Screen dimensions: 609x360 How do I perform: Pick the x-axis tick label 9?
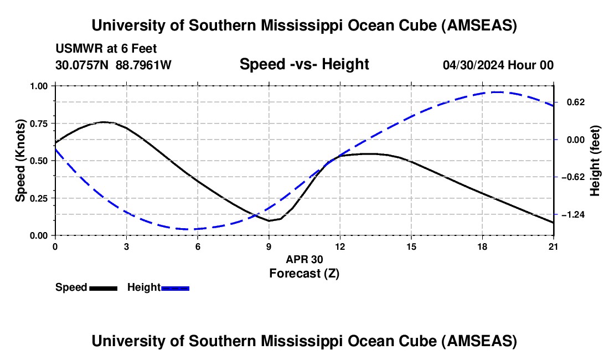point(269,246)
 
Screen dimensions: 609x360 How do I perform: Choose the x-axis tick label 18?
point(482,246)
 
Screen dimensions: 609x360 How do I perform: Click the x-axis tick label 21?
point(554,246)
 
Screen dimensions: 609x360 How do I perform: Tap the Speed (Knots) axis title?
point(20,161)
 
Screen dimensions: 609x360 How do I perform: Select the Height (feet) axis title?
point(595,161)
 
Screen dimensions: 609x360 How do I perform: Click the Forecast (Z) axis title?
point(304,274)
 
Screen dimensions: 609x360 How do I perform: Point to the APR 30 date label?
point(304,259)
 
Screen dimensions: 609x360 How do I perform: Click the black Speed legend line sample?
point(104,288)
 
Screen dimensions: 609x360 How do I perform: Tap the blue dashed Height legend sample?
point(175,288)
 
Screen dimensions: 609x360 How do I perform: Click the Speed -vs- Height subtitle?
point(304,64)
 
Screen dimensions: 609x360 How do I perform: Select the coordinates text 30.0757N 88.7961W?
point(113,65)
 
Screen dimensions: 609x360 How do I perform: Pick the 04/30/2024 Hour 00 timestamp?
point(498,65)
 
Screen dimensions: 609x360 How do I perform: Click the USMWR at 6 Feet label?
point(106,49)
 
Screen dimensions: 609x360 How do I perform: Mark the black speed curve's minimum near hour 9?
point(269,220)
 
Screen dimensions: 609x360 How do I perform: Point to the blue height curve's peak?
point(498,92)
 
